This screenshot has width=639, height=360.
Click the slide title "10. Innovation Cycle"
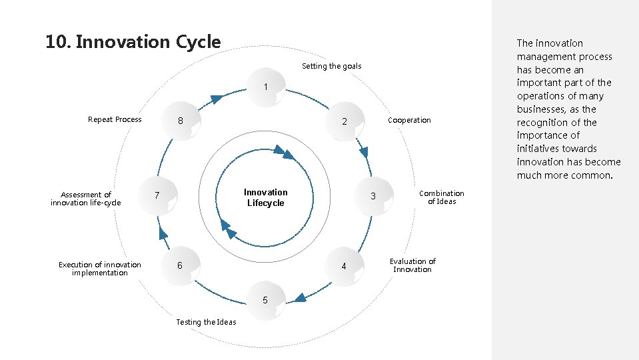133,42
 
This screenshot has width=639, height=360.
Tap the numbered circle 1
265,87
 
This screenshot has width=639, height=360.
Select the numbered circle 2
344,122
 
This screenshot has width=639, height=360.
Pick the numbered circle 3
373,196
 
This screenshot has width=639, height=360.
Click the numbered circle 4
344,266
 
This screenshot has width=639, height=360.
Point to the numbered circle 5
265,300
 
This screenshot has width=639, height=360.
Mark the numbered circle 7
157,195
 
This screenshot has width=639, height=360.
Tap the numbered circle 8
180,121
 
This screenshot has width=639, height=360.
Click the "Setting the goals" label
331,66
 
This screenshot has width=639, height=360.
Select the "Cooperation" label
409,120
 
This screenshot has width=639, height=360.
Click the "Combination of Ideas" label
441,197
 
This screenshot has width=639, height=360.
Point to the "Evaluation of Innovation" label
412,265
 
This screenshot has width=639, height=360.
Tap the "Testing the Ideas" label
206,322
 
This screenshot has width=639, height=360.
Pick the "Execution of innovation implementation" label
100,269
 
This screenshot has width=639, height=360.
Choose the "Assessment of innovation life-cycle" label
86,199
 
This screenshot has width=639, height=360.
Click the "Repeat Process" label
115,119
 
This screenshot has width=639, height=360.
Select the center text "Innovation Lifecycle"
265,197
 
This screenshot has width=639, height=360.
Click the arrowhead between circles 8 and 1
216,99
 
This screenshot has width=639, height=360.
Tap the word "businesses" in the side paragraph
539,109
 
